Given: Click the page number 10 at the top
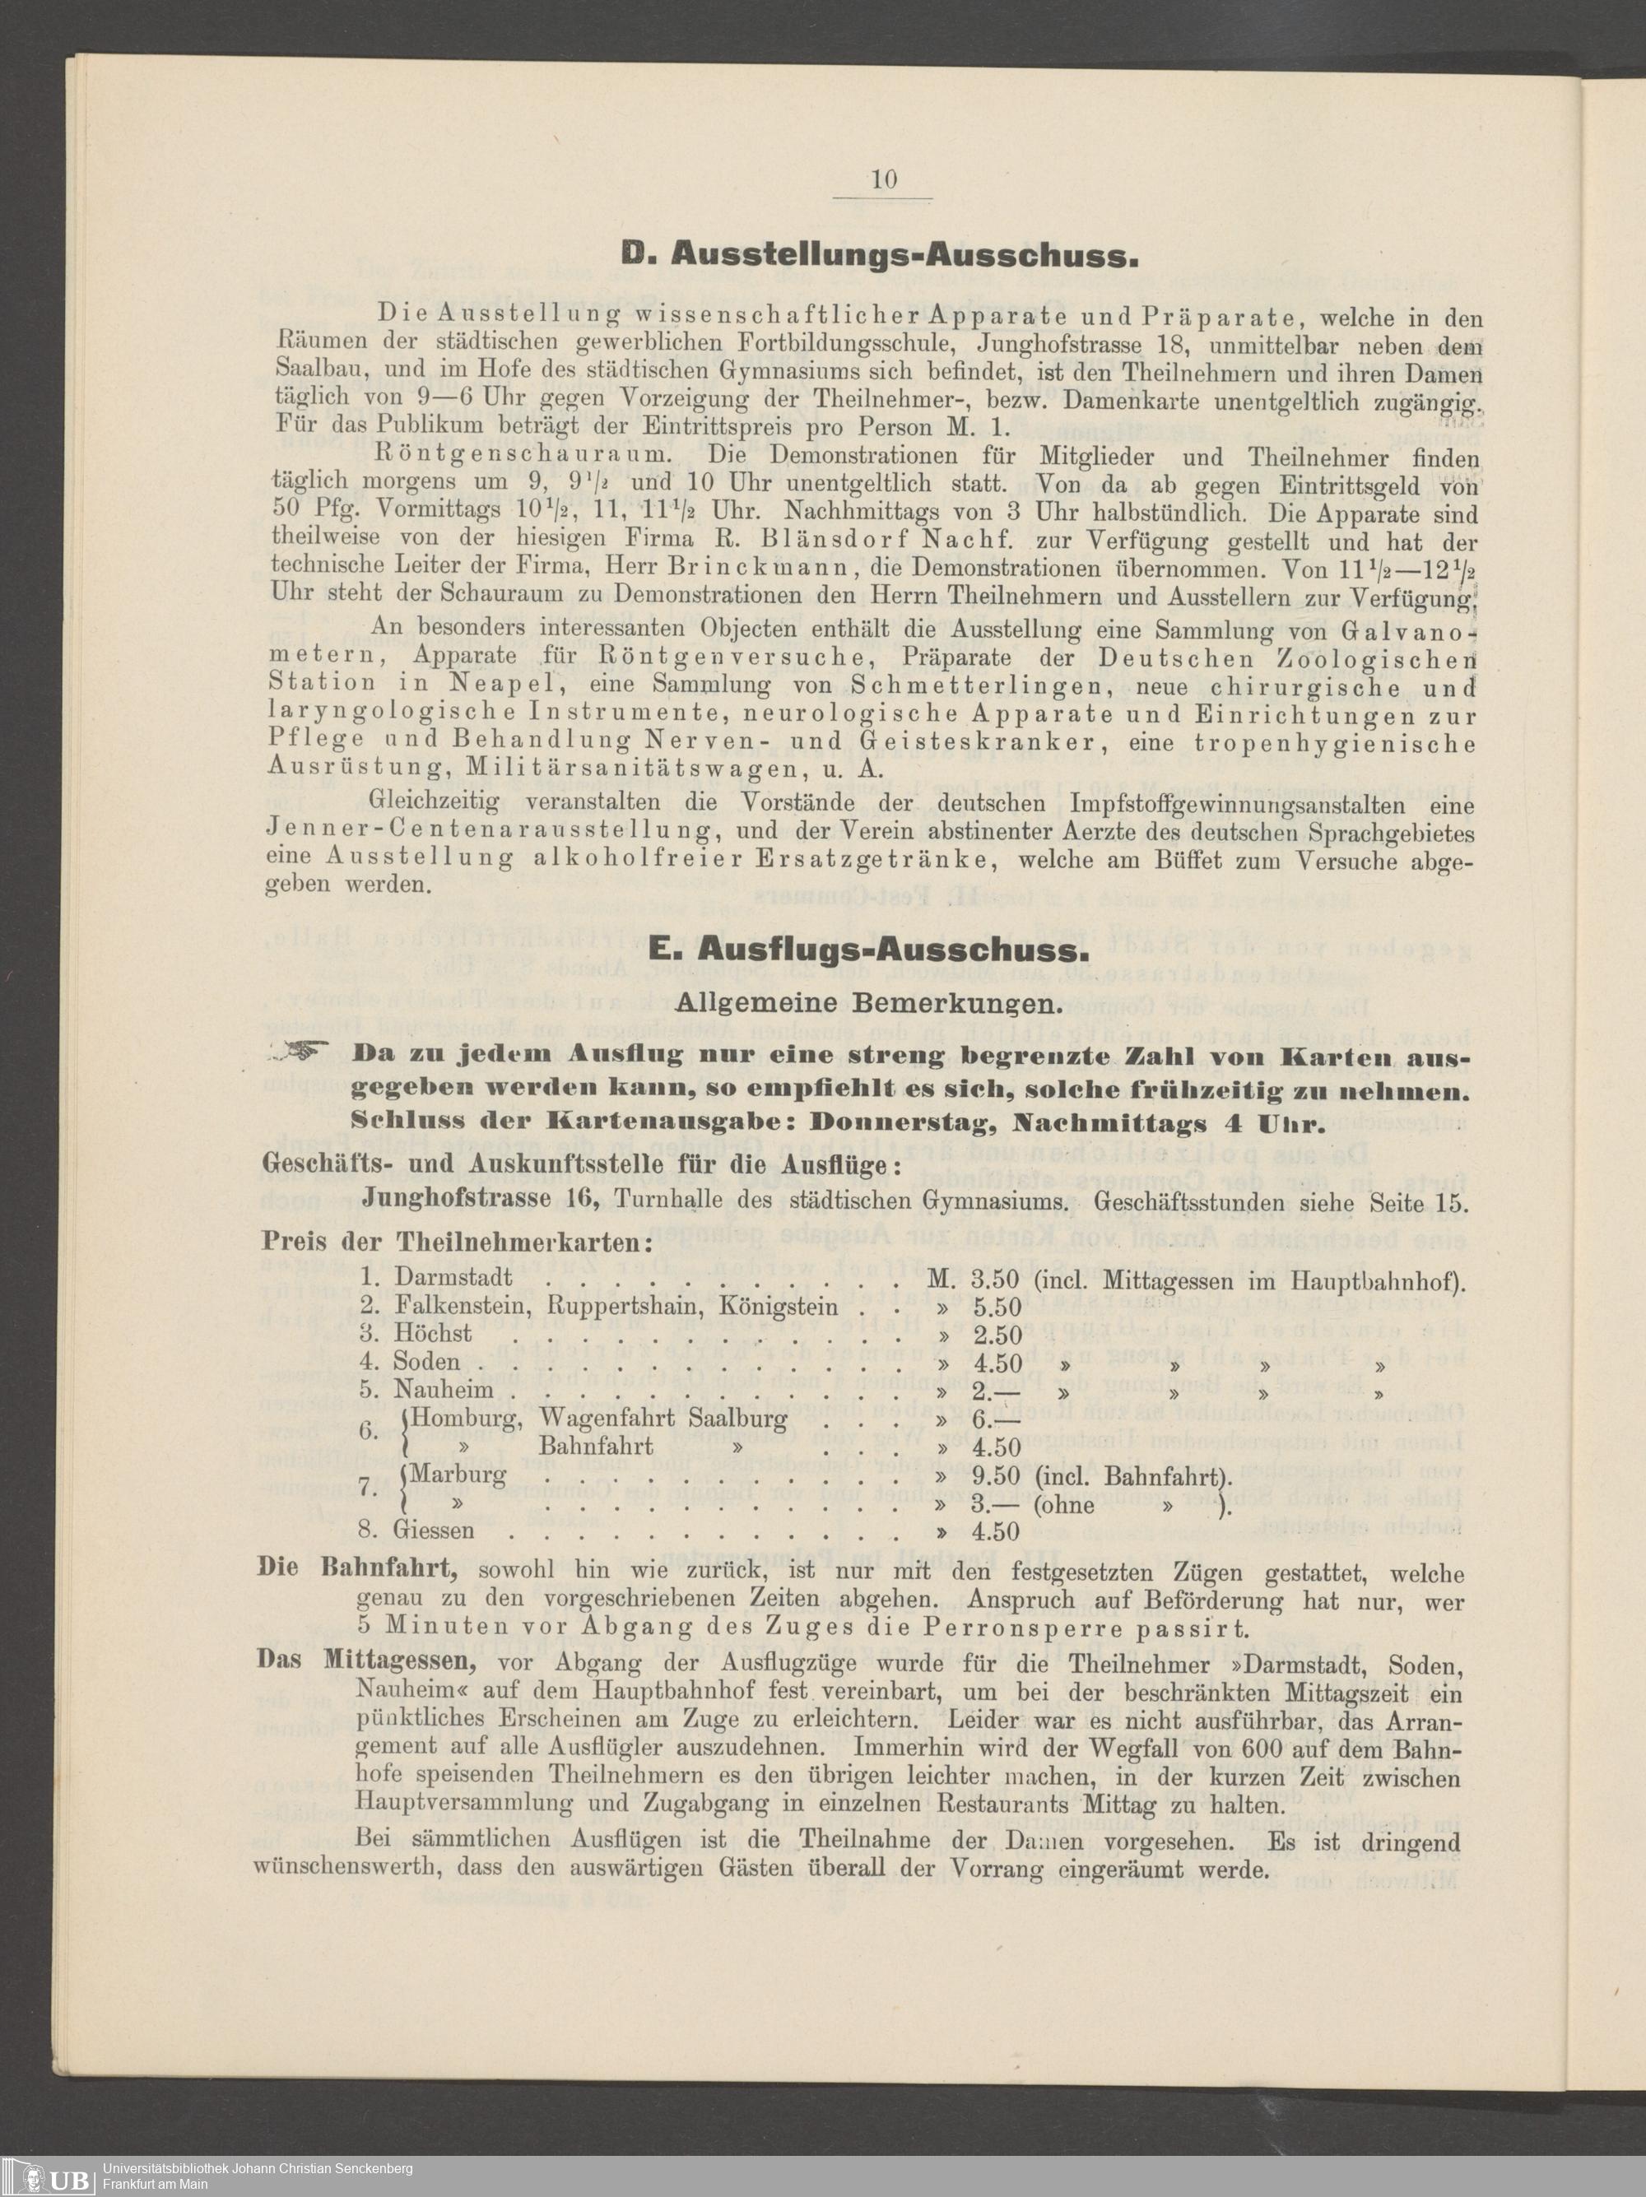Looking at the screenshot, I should (x=883, y=179).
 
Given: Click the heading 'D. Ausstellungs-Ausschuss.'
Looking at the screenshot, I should (x=877, y=258).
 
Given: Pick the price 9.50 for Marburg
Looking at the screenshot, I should (x=997, y=1475).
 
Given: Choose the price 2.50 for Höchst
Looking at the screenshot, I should (x=997, y=1334).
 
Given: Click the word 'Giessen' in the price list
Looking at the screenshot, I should (x=434, y=1530).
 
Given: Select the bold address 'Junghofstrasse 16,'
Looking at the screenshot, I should (x=481, y=1199).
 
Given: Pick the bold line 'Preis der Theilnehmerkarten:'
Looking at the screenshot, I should (x=457, y=1242).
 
